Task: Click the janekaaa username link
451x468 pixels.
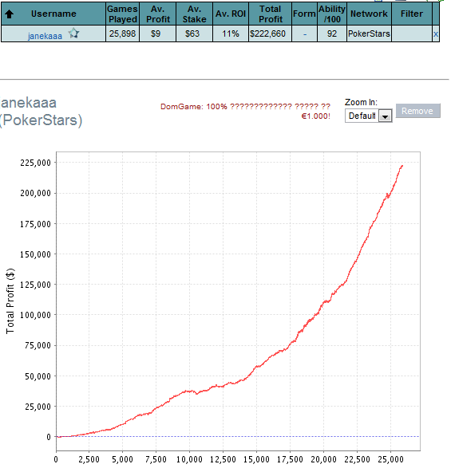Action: coord(45,36)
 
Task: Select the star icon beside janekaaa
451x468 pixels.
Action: coord(73,33)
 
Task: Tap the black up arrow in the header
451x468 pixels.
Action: coord(10,14)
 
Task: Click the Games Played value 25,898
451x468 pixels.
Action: coord(122,33)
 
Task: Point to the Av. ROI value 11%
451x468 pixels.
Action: coord(231,33)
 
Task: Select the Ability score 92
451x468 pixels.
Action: coord(332,33)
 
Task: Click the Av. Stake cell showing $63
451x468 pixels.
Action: coord(192,33)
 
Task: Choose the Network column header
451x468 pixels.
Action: coord(369,14)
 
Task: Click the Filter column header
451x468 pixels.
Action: coord(412,14)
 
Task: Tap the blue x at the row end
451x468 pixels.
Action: coord(436,34)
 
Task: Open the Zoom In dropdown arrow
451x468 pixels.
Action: coord(385,116)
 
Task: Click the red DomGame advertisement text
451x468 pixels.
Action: coord(245,111)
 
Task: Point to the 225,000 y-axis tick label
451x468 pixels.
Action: coord(36,163)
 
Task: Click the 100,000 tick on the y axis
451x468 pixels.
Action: coord(36,315)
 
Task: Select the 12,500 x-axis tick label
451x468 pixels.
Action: coord(223,459)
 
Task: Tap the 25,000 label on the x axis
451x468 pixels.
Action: coord(390,459)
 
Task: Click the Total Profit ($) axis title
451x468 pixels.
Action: coord(10,301)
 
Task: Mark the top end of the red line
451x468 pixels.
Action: coord(402,166)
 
